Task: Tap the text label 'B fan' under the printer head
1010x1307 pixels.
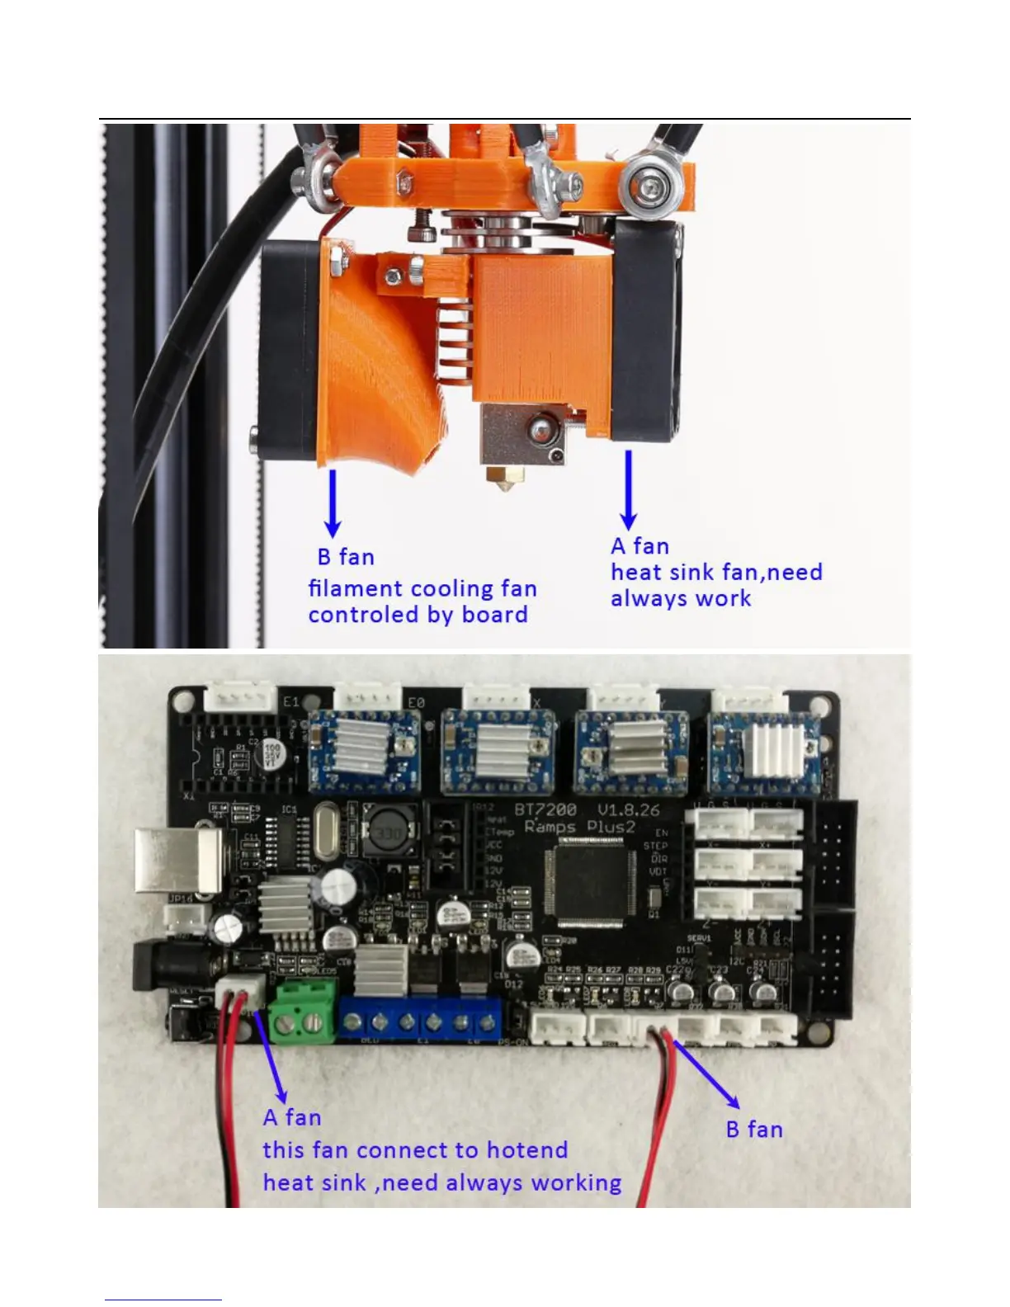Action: [346, 557]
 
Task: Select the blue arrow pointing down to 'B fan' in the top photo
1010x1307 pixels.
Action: [333, 503]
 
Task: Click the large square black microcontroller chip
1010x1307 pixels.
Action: [589, 880]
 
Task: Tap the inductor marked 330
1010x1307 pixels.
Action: [390, 833]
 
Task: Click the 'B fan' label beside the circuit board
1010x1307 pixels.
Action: [754, 1130]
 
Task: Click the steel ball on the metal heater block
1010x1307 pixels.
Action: [540, 427]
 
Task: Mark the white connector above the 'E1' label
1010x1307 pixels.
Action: [240, 696]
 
